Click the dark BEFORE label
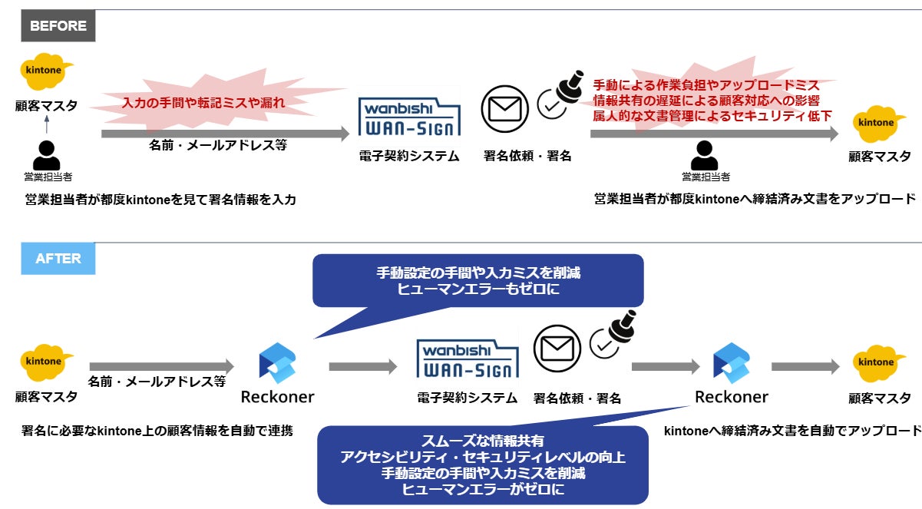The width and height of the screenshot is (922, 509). click(x=58, y=26)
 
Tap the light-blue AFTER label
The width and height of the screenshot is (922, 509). click(x=58, y=259)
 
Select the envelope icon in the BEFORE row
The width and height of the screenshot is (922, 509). click(x=504, y=108)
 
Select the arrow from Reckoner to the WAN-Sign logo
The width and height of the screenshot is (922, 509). click(x=362, y=367)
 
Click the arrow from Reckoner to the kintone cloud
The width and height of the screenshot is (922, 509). click(x=805, y=367)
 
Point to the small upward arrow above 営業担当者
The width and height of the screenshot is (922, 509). click(x=47, y=124)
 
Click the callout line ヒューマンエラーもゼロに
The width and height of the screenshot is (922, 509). click(x=478, y=289)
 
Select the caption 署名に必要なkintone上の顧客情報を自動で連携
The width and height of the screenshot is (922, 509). click(x=157, y=431)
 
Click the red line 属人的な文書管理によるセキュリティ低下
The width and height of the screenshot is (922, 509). click(x=712, y=116)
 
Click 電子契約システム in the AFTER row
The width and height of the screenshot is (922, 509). click(x=467, y=398)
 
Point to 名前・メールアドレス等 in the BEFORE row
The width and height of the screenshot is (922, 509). click(x=218, y=145)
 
